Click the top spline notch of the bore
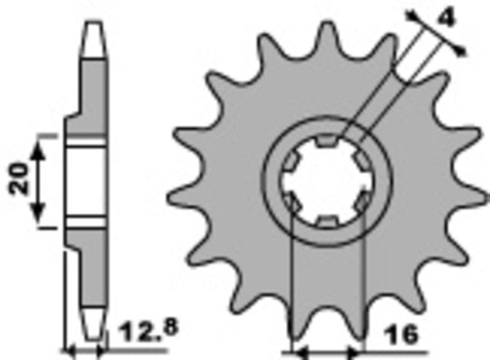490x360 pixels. tap(325, 145)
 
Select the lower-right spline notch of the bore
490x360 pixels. tap(359, 202)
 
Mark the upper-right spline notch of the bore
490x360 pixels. tap(359, 163)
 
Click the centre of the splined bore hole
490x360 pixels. tap(325, 183)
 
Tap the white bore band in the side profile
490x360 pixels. tap(86, 183)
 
